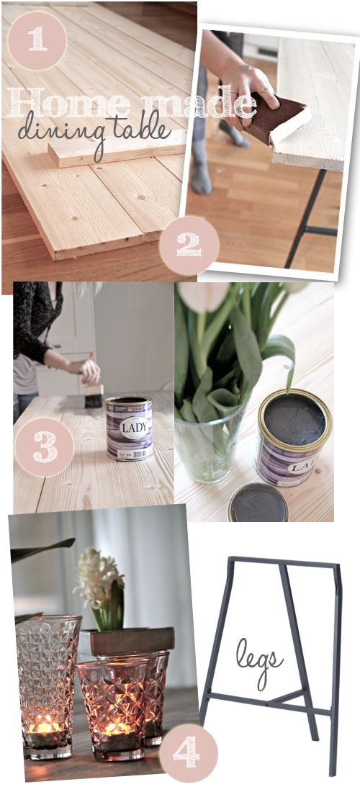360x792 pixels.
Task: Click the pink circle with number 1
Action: coord(37,40)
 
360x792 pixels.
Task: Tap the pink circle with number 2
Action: coord(189,246)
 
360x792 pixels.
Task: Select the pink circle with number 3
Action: coord(44,446)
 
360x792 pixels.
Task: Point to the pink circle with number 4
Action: coord(187,752)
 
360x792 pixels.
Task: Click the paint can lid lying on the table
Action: coord(258,505)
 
